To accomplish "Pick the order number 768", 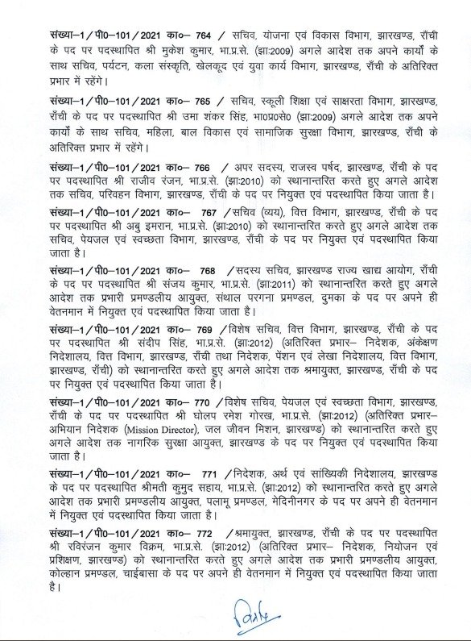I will point(207,295).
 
